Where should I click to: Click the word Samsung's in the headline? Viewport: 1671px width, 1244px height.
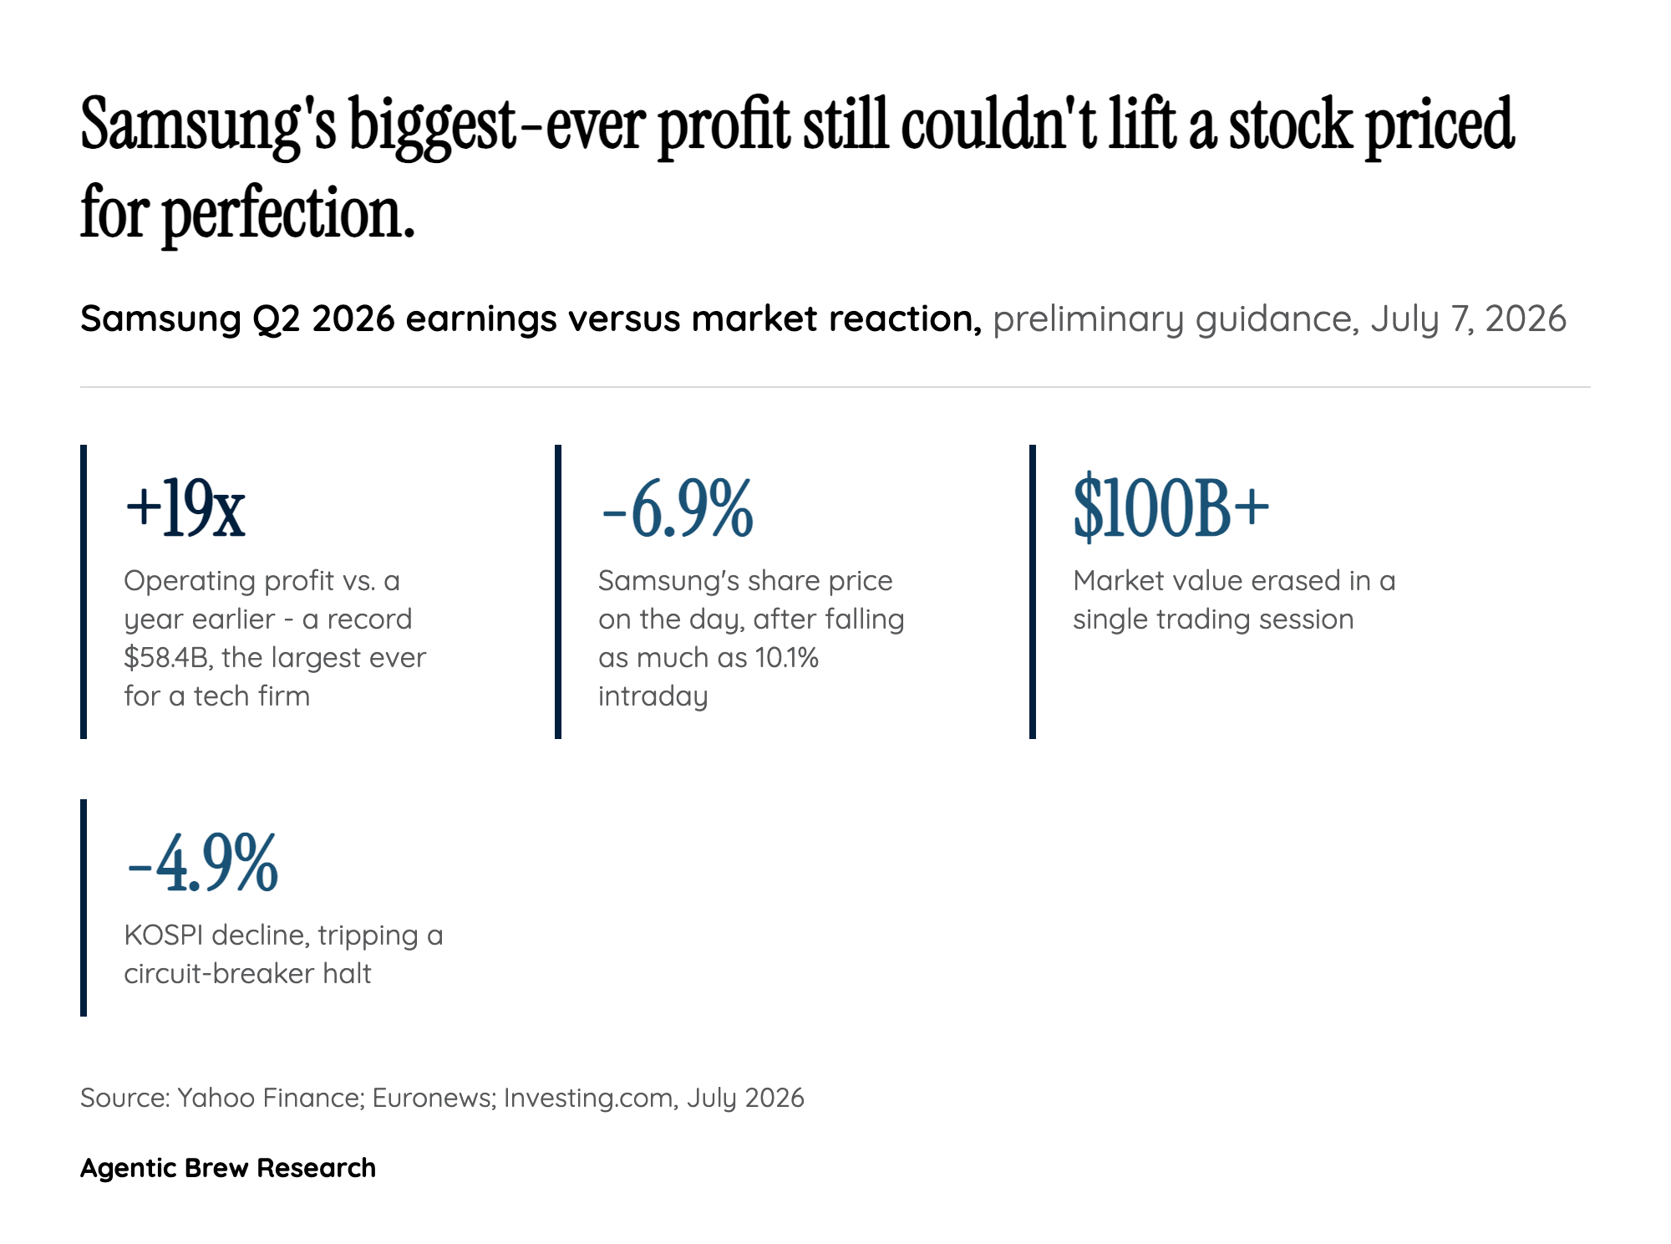pos(208,125)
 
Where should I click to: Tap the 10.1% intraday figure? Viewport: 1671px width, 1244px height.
pos(786,658)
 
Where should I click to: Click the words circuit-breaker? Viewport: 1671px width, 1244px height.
pos(219,973)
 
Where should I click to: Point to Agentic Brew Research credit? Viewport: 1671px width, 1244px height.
pos(228,1167)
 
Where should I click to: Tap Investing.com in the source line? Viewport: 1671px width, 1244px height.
pos(590,1099)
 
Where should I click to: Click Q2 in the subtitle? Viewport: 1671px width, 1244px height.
pos(277,319)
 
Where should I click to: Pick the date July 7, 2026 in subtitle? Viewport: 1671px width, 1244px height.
pos(1468,319)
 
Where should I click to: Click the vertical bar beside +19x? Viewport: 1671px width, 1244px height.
pos(84,592)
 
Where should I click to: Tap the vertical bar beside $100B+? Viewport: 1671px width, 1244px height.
pos(1033,592)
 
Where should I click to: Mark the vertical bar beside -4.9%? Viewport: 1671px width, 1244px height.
pos(84,908)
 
